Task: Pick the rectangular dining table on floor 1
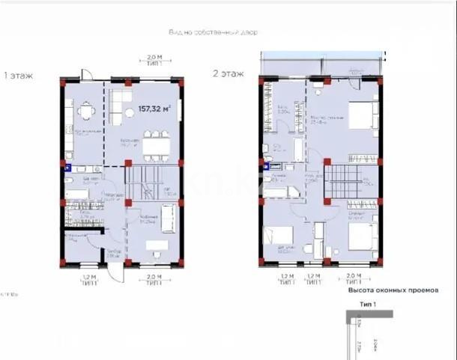tap(156, 145)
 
